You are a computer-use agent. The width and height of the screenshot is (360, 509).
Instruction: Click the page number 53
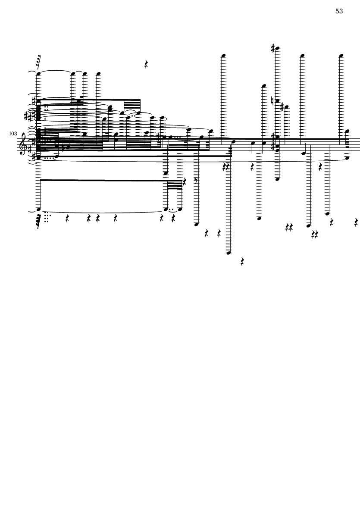pos(339,11)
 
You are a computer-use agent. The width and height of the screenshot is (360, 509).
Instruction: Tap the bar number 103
pos(13,134)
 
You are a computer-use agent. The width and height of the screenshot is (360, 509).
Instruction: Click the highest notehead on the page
pos(277,48)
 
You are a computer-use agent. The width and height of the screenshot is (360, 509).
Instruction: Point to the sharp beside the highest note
pos(273,48)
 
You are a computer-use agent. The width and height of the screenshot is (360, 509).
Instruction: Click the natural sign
pos(273,100)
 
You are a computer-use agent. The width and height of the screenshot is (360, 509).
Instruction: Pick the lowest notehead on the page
pos(229,253)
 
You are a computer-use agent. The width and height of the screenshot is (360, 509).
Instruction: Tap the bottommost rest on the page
pos(242,261)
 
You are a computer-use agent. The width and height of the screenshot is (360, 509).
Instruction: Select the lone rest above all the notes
pos(146,64)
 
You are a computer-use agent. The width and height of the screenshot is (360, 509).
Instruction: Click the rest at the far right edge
pos(356,222)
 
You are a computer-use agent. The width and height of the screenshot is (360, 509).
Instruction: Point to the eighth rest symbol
pos(196,181)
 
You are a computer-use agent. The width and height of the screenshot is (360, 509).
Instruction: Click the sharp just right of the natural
pos(282,107)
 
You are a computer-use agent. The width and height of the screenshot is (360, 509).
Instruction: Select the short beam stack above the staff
pos(132,105)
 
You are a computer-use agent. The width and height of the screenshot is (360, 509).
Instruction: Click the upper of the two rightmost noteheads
pos(347,131)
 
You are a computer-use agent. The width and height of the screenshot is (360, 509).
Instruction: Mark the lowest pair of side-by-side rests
pos(315,234)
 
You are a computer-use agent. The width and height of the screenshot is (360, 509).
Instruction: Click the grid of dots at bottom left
pos(47,217)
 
